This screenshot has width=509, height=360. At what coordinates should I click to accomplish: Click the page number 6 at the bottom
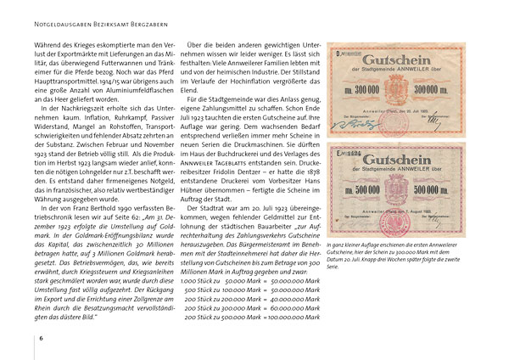click(x=41, y=339)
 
